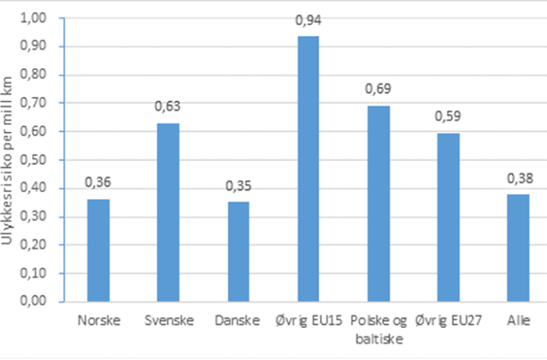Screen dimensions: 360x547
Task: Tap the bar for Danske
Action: pyautogui.click(x=238, y=252)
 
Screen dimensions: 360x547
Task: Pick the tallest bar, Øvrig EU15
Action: pyautogui.click(x=308, y=169)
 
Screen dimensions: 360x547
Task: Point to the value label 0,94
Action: pyautogui.click(x=308, y=22)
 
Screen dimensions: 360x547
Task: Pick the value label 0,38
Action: pyautogui.click(x=518, y=180)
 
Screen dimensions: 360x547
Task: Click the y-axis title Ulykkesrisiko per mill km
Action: pyautogui.click(x=8, y=160)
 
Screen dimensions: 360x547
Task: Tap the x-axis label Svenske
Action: pyautogui.click(x=168, y=320)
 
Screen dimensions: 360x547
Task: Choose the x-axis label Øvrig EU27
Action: pyautogui.click(x=449, y=320)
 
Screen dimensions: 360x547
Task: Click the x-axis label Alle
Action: pyautogui.click(x=518, y=320)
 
